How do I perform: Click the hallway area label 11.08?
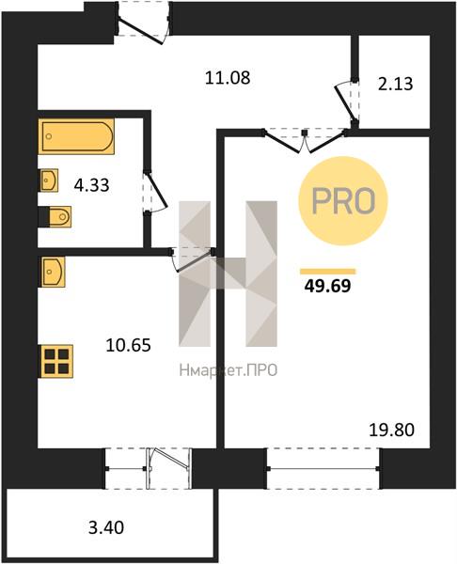point(227,77)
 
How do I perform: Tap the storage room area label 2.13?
point(395,85)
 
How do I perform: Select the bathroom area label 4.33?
point(91,185)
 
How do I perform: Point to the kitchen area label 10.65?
point(128,345)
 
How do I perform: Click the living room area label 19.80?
point(392,430)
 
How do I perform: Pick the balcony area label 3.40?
point(106,527)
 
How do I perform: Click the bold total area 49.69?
point(327,287)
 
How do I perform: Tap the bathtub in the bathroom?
point(76,136)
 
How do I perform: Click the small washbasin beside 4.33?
point(48,180)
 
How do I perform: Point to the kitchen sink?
point(52,272)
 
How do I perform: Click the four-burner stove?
point(56,361)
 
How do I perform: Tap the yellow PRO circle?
point(343,201)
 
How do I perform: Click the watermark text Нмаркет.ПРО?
point(228,370)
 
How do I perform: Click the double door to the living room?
point(305,141)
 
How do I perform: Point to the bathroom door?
point(155,193)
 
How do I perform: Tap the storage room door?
point(346,102)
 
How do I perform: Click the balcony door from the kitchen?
point(168,468)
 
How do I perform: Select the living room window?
point(323,468)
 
